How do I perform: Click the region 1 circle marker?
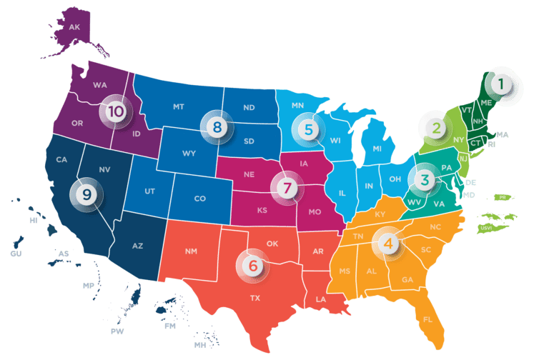point(501,84)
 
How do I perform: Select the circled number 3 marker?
point(425,179)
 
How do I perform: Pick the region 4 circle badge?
point(388,243)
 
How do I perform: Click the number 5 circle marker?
point(308,129)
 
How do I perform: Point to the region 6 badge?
point(252,265)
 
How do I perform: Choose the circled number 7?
point(287,189)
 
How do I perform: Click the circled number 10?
point(115,111)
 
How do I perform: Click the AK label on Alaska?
point(74,27)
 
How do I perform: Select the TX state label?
point(254,298)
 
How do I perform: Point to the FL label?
point(427,319)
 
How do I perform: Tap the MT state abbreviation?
point(179,107)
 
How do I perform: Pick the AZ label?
point(138,246)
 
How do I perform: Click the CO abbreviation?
point(199,198)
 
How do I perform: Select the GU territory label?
point(16,254)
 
